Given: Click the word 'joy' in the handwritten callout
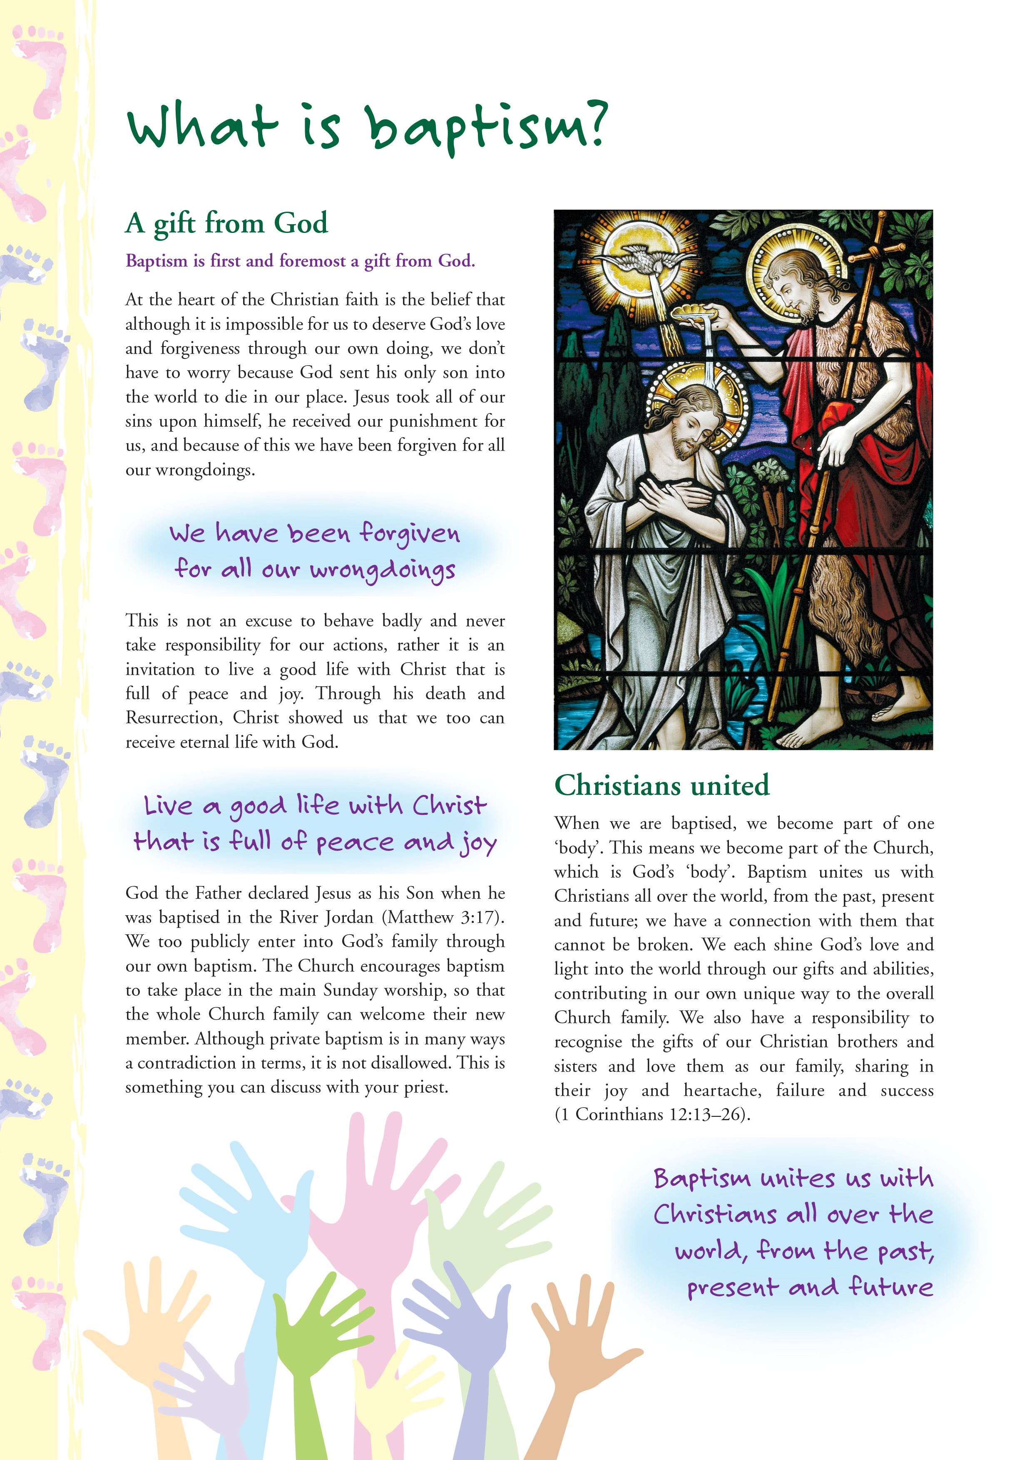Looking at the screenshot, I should [x=478, y=843].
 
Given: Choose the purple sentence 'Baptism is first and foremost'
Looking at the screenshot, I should [x=300, y=261].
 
